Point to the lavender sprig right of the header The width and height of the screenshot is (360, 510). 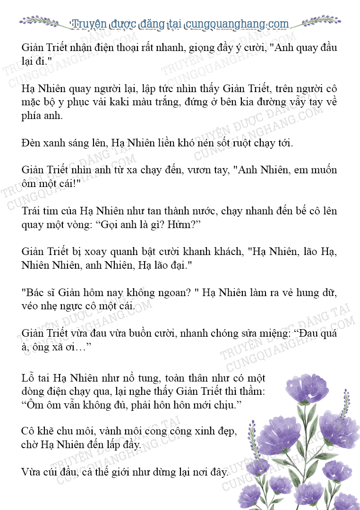(x=319, y=21)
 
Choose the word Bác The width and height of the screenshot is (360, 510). (x=33, y=292)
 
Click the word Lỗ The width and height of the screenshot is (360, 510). (x=29, y=378)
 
